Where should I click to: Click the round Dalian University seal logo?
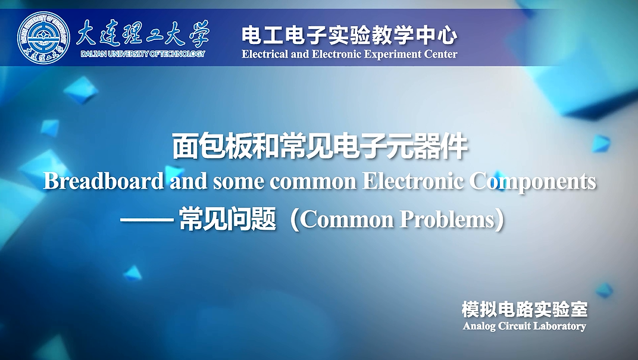43,37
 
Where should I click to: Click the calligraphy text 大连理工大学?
142,33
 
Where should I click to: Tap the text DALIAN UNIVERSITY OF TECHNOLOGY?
143,54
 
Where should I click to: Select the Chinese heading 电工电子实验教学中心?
349,35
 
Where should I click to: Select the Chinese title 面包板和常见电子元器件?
320,146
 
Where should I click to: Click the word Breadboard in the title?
104,181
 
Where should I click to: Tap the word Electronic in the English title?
412,181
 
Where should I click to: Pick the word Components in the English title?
533,182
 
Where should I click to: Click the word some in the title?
239,183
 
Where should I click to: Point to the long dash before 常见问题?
147,221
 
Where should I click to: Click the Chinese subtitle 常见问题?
228,220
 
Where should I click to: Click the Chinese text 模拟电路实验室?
524,309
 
